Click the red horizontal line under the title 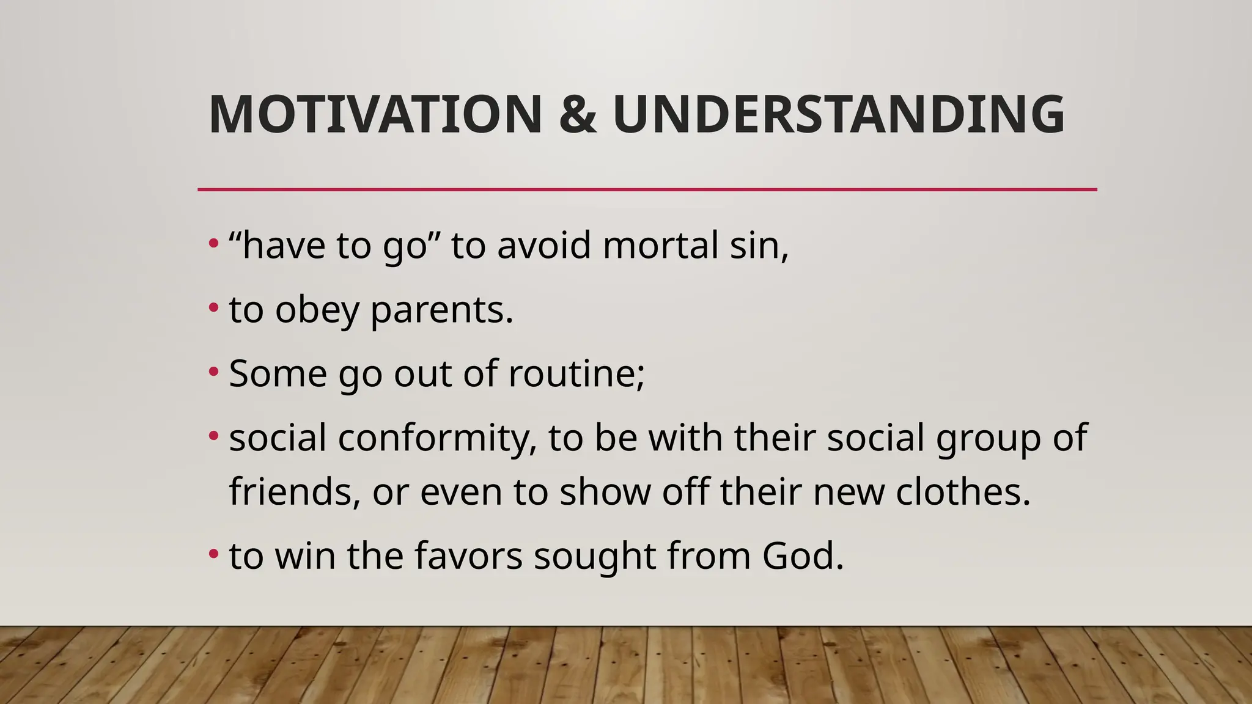[647, 189]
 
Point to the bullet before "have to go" [213, 244]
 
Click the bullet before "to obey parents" [213, 307]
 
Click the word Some [278, 373]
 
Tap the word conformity [437, 438]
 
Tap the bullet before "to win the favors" [213, 554]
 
